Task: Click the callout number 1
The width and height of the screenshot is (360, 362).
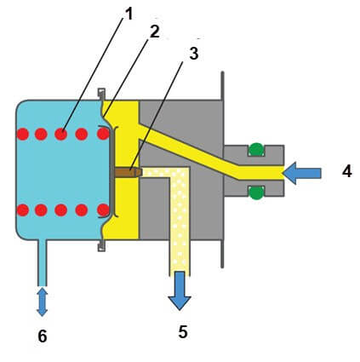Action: click(129, 14)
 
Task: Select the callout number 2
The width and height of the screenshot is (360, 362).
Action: click(155, 32)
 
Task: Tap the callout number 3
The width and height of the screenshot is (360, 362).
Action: click(194, 53)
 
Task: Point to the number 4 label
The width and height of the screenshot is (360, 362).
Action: click(347, 171)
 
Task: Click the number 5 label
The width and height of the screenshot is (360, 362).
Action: click(183, 331)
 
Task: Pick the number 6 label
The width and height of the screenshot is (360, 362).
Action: click(43, 336)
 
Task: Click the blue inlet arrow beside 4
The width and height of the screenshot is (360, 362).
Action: click(302, 173)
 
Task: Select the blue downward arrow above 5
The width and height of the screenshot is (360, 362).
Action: click(180, 290)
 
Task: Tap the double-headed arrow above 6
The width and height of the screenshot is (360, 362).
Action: click(42, 302)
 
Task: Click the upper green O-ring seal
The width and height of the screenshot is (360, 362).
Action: click(256, 149)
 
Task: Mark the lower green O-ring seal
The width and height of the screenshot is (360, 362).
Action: click(256, 192)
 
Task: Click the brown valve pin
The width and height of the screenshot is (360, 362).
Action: click(129, 172)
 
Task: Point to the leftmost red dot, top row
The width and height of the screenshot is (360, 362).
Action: click(23, 134)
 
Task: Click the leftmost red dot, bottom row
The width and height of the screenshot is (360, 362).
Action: click(23, 210)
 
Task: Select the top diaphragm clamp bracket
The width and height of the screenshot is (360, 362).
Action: click(101, 94)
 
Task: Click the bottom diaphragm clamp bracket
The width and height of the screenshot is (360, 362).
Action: click(101, 246)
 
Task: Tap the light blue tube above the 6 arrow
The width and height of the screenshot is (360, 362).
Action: click(42, 263)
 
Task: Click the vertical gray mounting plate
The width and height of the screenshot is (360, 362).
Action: click(223, 170)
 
